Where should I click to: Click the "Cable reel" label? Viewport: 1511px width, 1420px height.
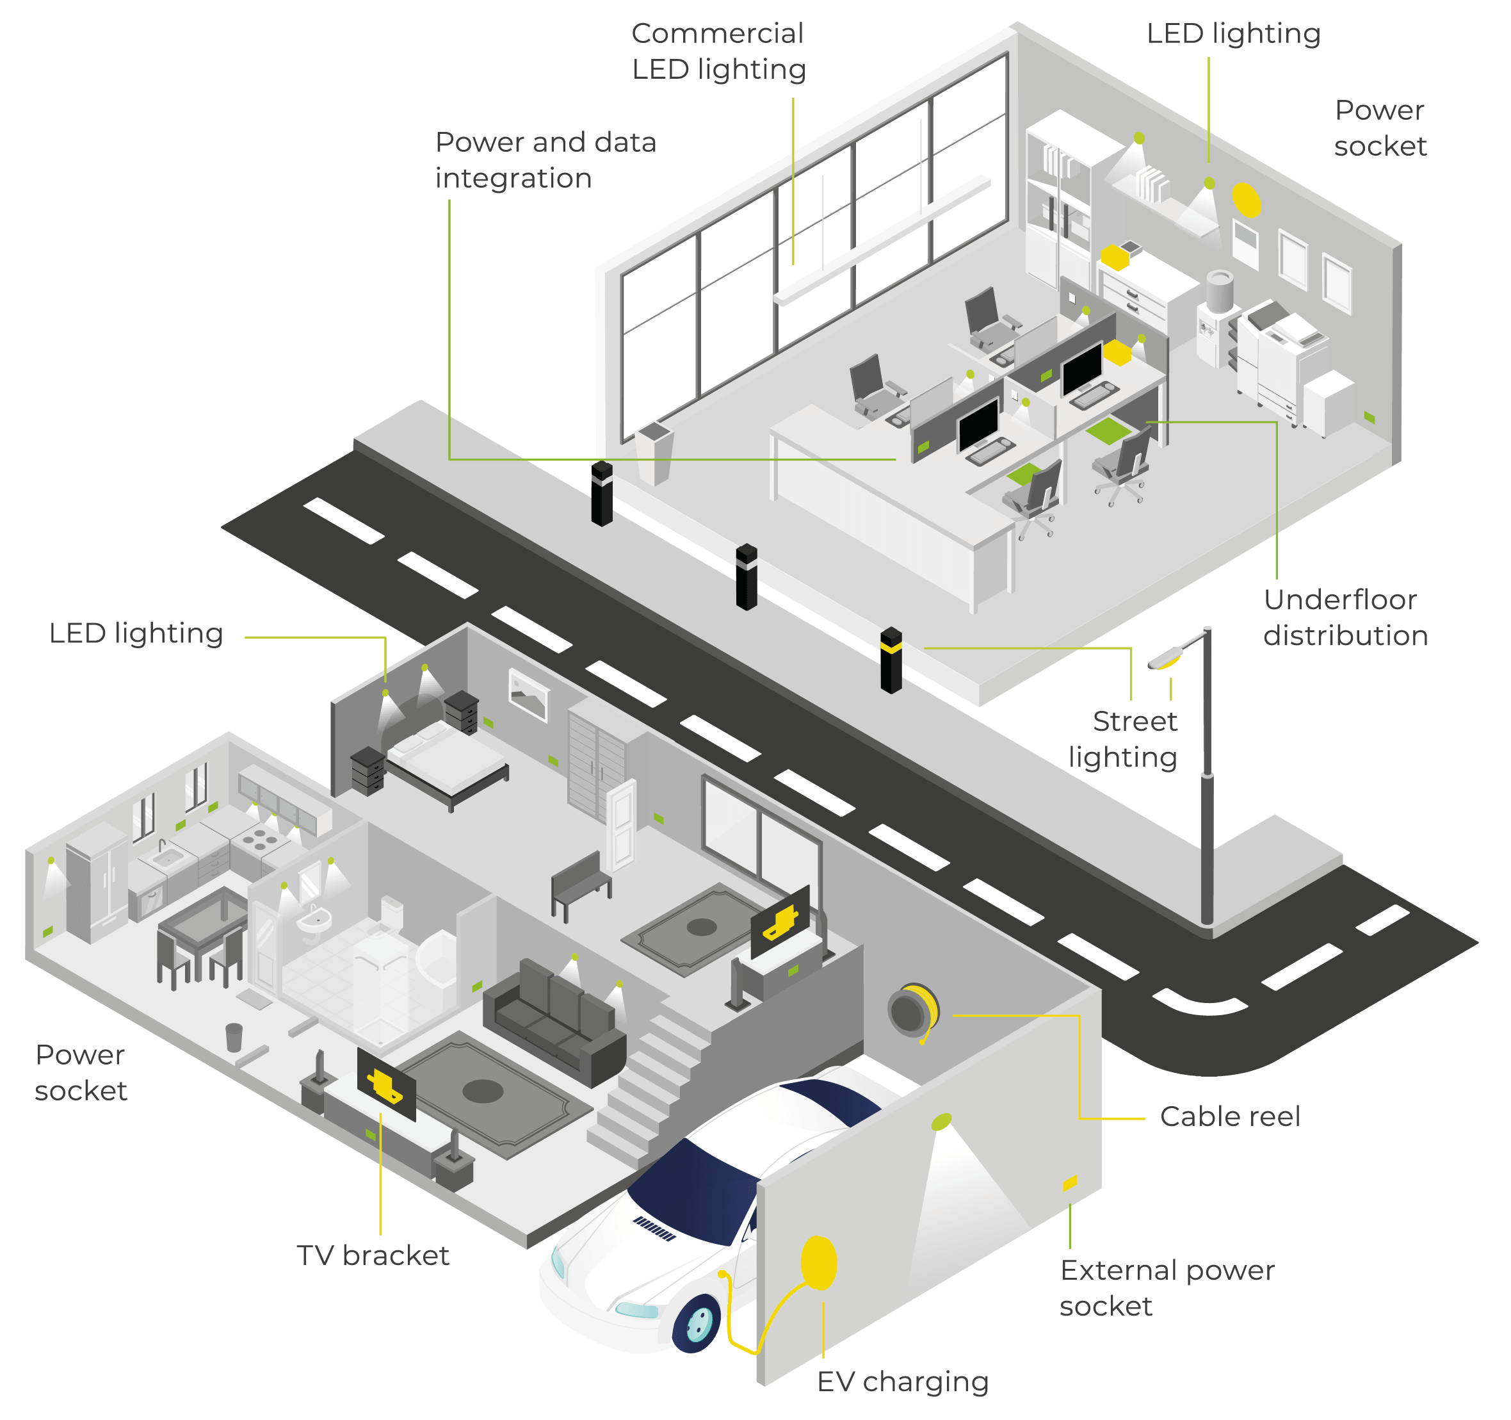click(1229, 1116)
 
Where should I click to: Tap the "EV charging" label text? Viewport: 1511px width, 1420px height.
click(902, 1381)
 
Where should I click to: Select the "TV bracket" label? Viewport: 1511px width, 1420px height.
click(373, 1255)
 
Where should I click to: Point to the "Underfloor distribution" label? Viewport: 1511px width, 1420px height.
click(1345, 617)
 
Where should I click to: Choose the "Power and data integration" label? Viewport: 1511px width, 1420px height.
click(545, 159)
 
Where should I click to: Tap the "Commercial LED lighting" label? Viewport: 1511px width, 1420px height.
click(718, 51)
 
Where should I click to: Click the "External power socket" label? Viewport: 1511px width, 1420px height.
click(1166, 1287)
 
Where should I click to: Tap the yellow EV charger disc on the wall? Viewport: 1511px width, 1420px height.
click(819, 1262)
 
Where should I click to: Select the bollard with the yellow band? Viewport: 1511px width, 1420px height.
click(891, 660)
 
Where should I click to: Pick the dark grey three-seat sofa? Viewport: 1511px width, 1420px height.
click(554, 1018)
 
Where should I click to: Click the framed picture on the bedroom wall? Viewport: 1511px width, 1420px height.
click(528, 693)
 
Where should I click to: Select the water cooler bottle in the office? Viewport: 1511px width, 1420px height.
click(1219, 290)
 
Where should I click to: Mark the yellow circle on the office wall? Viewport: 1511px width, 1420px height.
click(1247, 199)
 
